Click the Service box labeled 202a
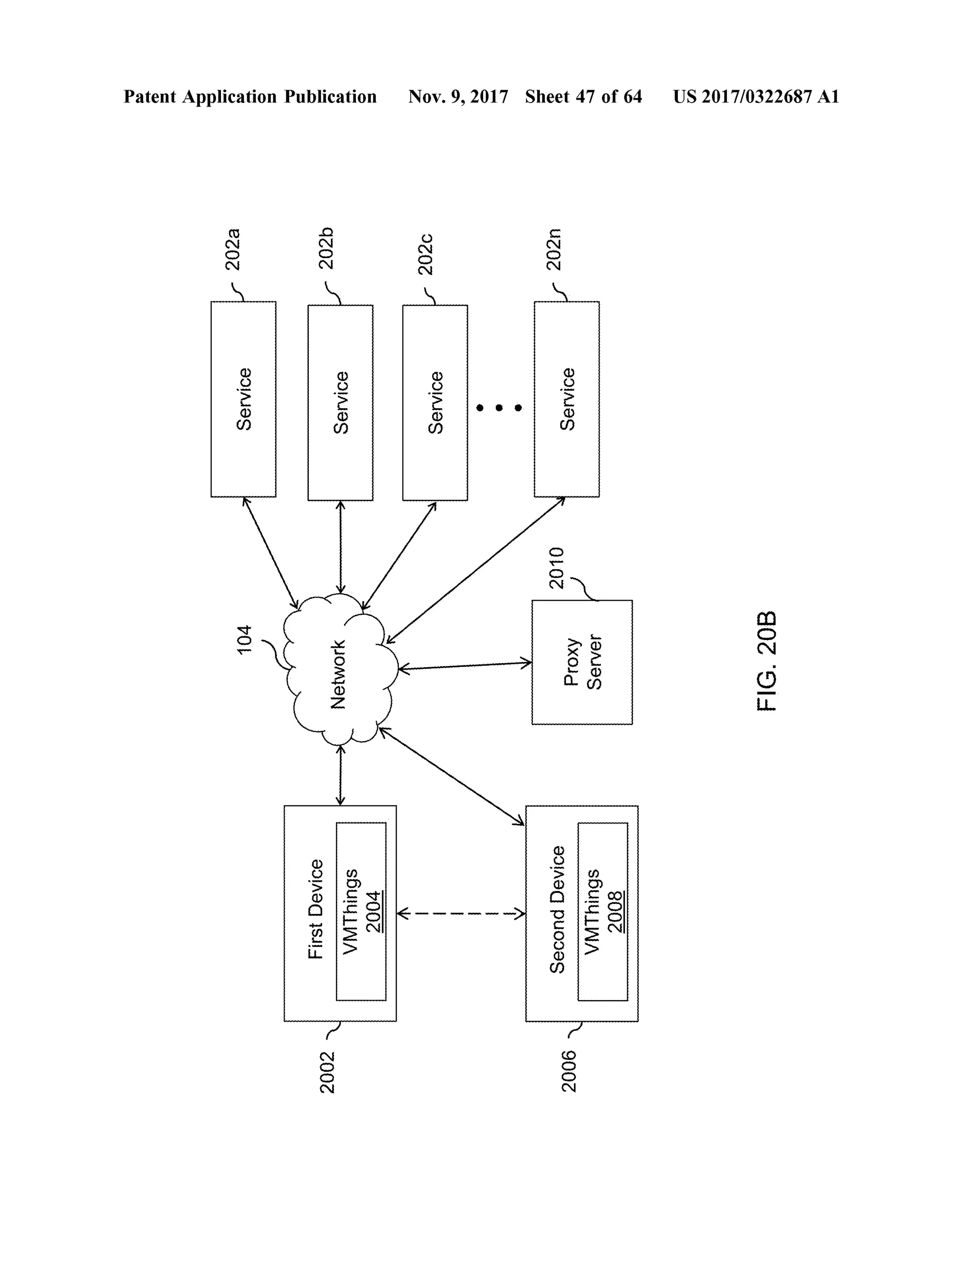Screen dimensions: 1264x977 243,399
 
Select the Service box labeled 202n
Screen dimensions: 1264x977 566,399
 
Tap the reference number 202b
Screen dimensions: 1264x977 326,249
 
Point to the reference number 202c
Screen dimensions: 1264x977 426,255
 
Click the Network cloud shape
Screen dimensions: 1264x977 339,672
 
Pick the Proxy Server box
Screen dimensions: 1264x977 582,662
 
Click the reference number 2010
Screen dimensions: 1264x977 556,569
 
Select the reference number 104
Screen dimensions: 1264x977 245,640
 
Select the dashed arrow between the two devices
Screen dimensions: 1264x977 461,914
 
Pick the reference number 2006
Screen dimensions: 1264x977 569,1072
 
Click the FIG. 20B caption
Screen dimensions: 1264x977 767,661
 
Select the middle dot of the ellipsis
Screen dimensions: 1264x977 499,408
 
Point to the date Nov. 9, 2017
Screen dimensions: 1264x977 458,97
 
